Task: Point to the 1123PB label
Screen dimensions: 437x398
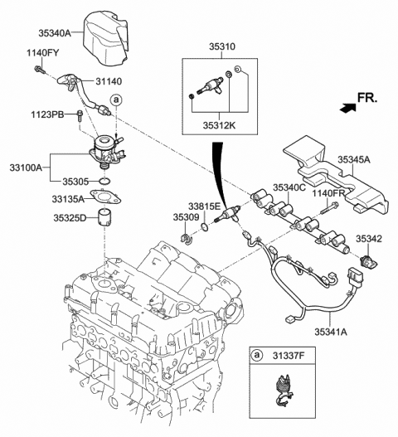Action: coord(48,114)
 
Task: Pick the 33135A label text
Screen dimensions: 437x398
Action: coord(66,198)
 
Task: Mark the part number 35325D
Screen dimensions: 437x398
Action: coord(66,219)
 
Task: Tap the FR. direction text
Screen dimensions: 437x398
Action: coord(367,100)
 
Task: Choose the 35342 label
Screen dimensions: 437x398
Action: coord(369,238)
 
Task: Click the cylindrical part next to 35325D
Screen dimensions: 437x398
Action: coord(104,220)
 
